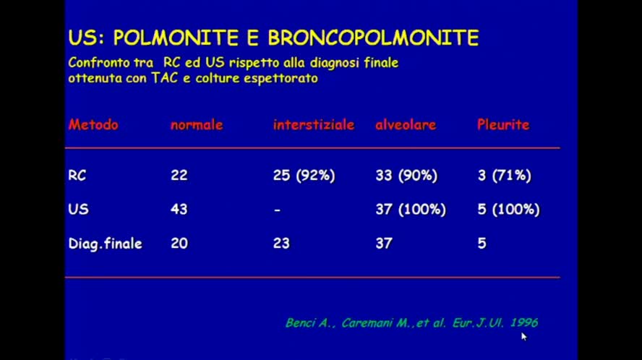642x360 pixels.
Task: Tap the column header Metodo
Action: pos(93,124)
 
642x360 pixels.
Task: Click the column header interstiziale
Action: pos(314,124)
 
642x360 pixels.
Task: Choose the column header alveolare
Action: pos(406,124)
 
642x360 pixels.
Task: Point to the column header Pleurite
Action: pos(503,124)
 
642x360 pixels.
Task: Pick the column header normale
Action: pos(197,124)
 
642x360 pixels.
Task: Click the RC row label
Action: pos(77,175)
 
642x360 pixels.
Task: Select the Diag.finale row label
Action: pos(106,244)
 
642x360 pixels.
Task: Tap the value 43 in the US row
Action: pos(179,209)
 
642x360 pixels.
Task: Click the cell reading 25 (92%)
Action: pos(304,175)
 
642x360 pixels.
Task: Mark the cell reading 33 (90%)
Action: pos(406,175)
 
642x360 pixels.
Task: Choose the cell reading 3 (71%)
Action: pos(504,175)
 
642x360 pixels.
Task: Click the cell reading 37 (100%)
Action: pos(411,209)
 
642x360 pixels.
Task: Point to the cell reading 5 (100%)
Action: pos(508,209)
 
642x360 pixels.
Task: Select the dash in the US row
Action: pos(277,210)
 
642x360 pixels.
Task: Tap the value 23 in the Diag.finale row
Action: pos(281,244)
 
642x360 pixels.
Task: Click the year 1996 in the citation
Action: pos(523,322)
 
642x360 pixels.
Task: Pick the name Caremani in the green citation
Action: pos(357,322)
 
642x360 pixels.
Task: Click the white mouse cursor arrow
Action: pos(523,335)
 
